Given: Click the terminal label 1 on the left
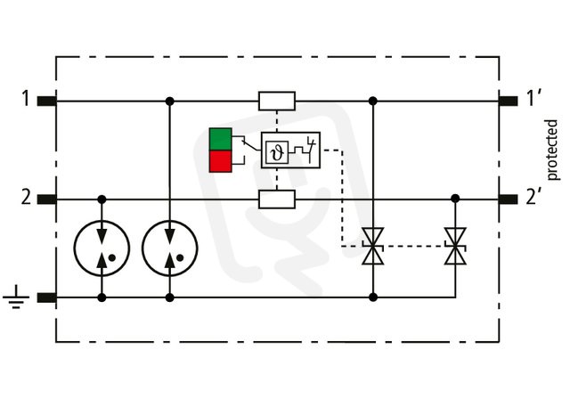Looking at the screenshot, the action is coord(25,99).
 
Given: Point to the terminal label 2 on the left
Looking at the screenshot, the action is coord(26,198).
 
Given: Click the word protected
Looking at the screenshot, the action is coord(551,150).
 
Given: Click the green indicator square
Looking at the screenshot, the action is coord(220,139).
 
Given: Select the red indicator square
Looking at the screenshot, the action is coord(220,161).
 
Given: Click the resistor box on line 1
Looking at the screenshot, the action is coord(277,101).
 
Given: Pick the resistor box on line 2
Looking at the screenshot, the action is coord(277,199).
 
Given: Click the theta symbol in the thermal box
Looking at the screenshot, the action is coord(277,151).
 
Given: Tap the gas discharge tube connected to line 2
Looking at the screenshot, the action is coord(102,248).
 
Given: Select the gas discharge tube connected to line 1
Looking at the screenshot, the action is coord(170,248).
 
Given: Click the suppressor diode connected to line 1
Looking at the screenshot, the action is coord(373,246).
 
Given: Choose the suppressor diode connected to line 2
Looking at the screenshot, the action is coord(455,246).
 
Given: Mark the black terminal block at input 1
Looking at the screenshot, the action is coord(47,101).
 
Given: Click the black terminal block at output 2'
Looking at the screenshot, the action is coord(509,199).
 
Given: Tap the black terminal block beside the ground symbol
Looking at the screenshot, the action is coord(47,297).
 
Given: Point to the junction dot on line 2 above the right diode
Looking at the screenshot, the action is coord(455,199).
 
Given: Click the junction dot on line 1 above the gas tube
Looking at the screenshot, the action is coord(170,101).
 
